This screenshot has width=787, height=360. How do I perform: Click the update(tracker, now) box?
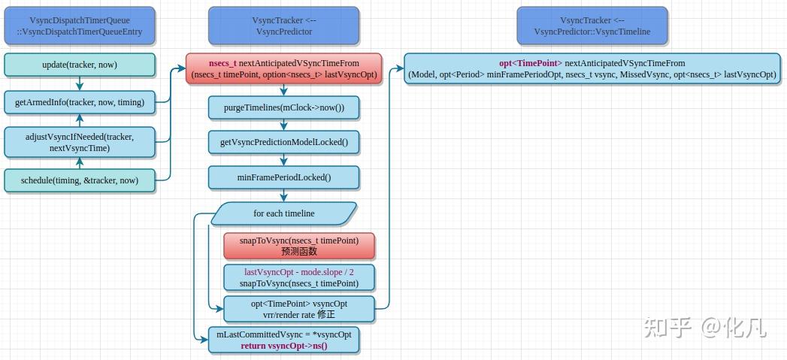click(80, 65)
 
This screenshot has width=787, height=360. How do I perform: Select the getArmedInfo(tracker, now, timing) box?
click(80, 101)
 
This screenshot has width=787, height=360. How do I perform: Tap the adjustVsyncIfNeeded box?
click(80, 142)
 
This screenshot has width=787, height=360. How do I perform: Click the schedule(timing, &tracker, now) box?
click(80, 180)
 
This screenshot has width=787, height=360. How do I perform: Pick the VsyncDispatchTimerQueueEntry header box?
click(80, 26)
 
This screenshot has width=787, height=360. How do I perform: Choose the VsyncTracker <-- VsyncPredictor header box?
click(283, 26)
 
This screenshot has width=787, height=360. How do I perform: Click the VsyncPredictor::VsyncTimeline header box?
click(592, 26)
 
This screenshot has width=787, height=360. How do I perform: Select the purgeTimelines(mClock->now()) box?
click(283, 107)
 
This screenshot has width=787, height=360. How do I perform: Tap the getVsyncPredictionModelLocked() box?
click(283, 142)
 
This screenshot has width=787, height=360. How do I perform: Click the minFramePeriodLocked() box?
click(283, 177)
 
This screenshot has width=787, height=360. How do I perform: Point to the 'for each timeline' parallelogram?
click(283, 213)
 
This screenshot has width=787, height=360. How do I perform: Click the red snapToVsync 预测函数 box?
click(298, 246)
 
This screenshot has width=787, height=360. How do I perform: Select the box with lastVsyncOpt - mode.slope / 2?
click(298, 277)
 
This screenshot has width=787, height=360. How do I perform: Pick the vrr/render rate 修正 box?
click(298, 309)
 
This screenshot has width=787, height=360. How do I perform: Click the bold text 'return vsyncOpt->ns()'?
click(283, 346)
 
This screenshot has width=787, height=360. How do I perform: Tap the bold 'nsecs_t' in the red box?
click(222, 63)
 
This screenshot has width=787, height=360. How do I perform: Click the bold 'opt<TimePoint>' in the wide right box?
click(530, 63)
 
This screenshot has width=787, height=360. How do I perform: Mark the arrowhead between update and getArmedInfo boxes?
click(80, 86)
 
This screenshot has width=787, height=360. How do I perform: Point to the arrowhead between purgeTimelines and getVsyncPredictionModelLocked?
click(283, 126)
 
